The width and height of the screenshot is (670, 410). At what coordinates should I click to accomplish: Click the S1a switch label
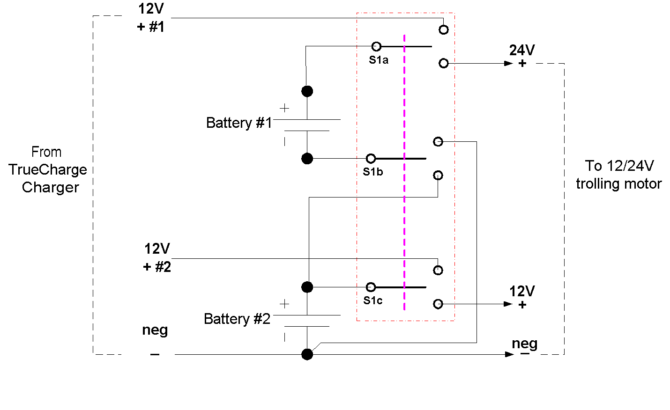[x=379, y=60]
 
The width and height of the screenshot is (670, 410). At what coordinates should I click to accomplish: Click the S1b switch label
[x=373, y=172]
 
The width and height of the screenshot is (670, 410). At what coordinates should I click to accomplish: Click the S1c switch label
[x=373, y=300]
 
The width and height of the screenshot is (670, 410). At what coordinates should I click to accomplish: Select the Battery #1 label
[x=239, y=123]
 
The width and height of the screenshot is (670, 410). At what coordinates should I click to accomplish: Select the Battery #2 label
[x=237, y=319]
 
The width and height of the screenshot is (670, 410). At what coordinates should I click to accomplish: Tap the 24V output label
[x=522, y=50]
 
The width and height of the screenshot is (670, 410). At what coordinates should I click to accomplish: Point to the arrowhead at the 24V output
[x=508, y=63]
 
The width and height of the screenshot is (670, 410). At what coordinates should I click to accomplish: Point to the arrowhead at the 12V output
[x=508, y=304]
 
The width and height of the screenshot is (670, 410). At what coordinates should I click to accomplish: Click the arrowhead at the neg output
[x=510, y=354]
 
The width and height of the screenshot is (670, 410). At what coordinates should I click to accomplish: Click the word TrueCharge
[x=48, y=169]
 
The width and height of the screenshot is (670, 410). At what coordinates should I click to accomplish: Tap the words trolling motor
[x=618, y=183]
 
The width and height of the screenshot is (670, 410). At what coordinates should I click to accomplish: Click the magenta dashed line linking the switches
[x=404, y=187]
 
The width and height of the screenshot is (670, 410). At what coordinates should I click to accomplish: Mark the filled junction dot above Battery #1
[x=307, y=91]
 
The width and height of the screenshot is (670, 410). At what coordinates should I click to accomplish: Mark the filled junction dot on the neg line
[x=307, y=354]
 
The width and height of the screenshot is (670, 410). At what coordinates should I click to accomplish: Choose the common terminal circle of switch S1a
[x=376, y=46]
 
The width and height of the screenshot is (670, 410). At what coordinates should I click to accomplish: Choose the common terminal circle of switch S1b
[x=371, y=158]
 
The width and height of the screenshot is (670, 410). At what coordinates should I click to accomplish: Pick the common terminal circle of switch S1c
[x=371, y=287]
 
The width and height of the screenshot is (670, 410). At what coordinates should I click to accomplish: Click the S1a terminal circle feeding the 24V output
[x=444, y=63]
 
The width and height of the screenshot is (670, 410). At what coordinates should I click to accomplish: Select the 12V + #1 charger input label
[x=151, y=18]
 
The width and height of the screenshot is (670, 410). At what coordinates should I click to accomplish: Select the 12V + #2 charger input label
[x=157, y=258]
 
